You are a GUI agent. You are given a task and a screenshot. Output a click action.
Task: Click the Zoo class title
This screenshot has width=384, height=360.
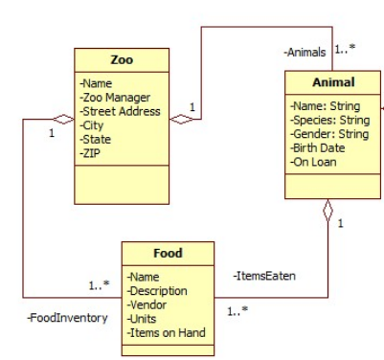122,60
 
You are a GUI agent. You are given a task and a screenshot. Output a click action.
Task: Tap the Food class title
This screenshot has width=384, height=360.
169,254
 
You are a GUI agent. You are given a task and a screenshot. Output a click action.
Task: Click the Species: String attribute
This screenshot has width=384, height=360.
329,120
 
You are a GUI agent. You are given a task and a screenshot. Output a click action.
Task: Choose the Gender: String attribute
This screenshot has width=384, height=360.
328,134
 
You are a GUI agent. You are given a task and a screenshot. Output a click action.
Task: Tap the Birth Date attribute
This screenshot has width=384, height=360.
318,147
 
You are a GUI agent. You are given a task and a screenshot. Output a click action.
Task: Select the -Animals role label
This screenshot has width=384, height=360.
305,52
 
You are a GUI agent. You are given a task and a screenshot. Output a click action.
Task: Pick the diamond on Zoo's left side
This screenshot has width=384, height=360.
62,119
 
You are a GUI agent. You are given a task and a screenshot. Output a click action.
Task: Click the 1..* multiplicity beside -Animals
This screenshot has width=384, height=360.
347,47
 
